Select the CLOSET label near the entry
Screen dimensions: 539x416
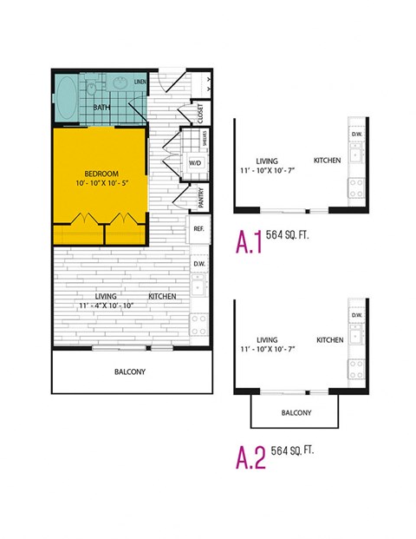(199, 114)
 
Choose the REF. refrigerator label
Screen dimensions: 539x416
(198, 229)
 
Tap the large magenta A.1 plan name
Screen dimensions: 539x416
(250, 244)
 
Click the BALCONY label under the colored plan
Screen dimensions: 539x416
(130, 372)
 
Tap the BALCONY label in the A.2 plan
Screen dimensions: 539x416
(296, 412)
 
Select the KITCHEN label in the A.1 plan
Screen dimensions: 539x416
(327, 161)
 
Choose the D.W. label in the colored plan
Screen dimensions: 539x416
(198, 264)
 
